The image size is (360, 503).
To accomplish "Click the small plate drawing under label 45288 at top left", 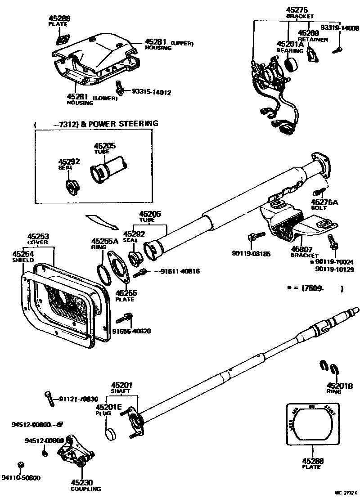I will point(59,39).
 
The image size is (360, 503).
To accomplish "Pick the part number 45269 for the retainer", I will point(308,33).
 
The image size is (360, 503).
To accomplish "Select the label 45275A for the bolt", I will point(324,202).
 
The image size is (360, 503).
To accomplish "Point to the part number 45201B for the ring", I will point(339,386).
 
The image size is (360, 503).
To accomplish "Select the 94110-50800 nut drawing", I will point(20,465).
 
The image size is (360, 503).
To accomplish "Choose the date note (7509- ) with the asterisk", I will point(315,288).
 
